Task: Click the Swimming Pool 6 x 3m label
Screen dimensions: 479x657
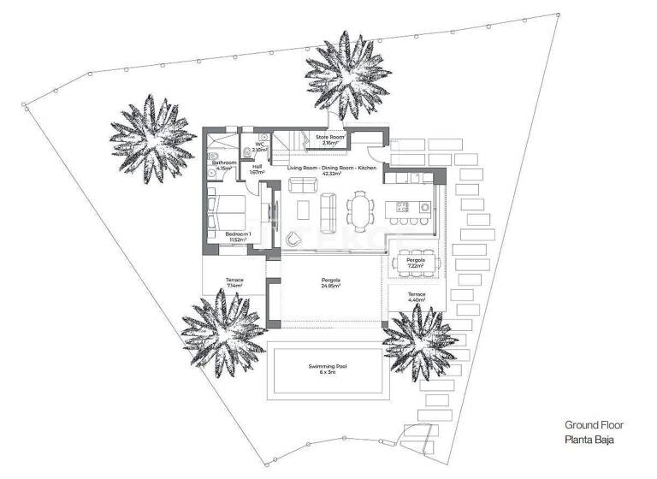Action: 333,370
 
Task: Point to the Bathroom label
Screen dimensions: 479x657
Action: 224,164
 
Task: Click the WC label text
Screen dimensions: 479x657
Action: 257,144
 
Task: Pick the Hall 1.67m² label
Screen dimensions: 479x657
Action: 257,169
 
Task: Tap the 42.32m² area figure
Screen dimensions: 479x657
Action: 332,174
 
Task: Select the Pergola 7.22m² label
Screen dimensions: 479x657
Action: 416,262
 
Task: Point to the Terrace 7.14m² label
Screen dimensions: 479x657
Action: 235,282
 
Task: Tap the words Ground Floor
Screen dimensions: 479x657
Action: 594,424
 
